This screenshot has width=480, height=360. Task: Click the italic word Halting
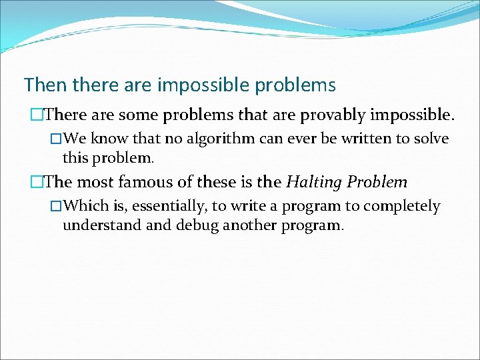(314, 182)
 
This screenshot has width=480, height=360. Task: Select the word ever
(309, 139)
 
